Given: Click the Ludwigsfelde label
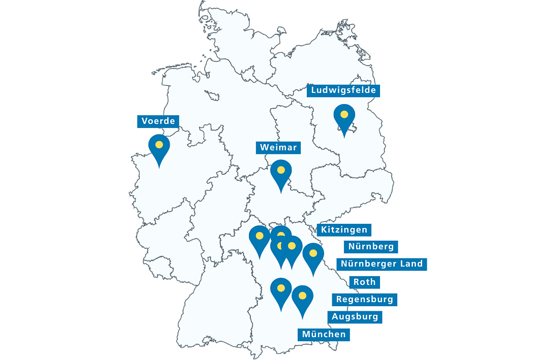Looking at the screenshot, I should coord(343,90).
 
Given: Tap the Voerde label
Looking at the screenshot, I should coord(158,121).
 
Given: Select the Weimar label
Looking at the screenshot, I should coord(278,148).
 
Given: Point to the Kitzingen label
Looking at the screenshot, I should coord(344,230).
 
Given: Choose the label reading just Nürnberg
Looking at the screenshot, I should coord(371,247).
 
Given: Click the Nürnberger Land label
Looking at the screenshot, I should coord(381,264).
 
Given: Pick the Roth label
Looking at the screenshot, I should coord(364,282).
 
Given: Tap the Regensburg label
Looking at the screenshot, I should coord(364,300).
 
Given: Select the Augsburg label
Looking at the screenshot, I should coord(355,317).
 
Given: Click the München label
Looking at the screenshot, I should coord(324,335).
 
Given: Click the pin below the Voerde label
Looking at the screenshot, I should coord(159,148).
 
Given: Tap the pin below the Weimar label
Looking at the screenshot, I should coord(281,173).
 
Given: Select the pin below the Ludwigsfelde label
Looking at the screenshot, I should coord(344,118).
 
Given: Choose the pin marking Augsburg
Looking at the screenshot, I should coord(281,291).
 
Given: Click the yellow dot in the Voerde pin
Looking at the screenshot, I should coord(159,145).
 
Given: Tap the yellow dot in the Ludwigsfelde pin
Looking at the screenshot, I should coord(344,114).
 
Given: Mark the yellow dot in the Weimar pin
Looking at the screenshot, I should coord(281,170).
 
